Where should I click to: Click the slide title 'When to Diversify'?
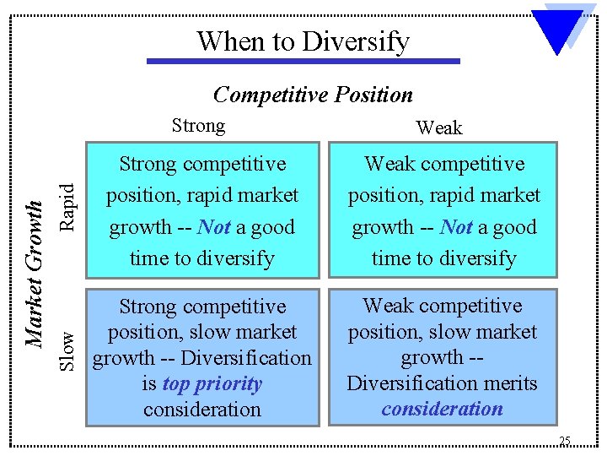[x=303, y=41]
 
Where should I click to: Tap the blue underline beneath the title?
[x=303, y=61]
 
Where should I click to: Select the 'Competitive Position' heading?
[x=313, y=95]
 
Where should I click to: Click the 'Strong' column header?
[x=198, y=126]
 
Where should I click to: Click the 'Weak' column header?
[x=439, y=128]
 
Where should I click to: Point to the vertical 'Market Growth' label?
[x=34, y=274]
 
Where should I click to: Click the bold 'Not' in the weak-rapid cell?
[x=456, y=227]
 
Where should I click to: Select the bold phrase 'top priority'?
[x=212, y=384]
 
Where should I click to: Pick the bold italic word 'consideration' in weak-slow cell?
[x=442, y=410]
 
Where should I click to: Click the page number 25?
[x=564, y=441]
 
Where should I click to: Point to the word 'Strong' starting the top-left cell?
[x=148, y=164]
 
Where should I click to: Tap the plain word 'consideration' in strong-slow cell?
[x=201, y=410]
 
